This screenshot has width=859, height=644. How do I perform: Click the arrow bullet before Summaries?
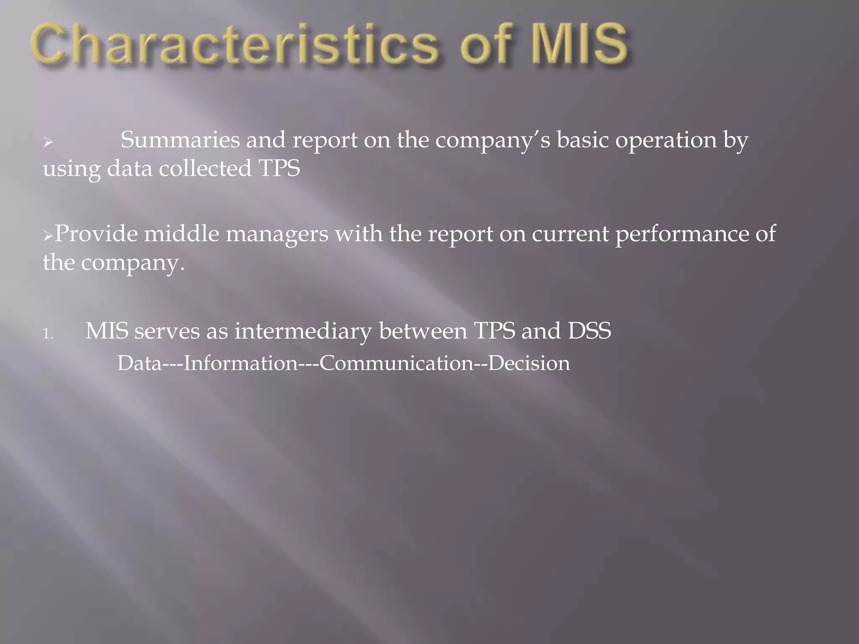(48, 143)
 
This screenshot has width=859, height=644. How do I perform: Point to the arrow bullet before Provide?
(48, 236)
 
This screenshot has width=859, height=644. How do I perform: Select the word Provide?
(96, 234)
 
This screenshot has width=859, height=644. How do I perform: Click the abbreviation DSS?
(589, 331)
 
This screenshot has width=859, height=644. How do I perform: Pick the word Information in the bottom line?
(240, 363)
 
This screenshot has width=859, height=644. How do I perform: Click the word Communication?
(396, 363)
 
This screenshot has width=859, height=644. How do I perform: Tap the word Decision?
(529, 363)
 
